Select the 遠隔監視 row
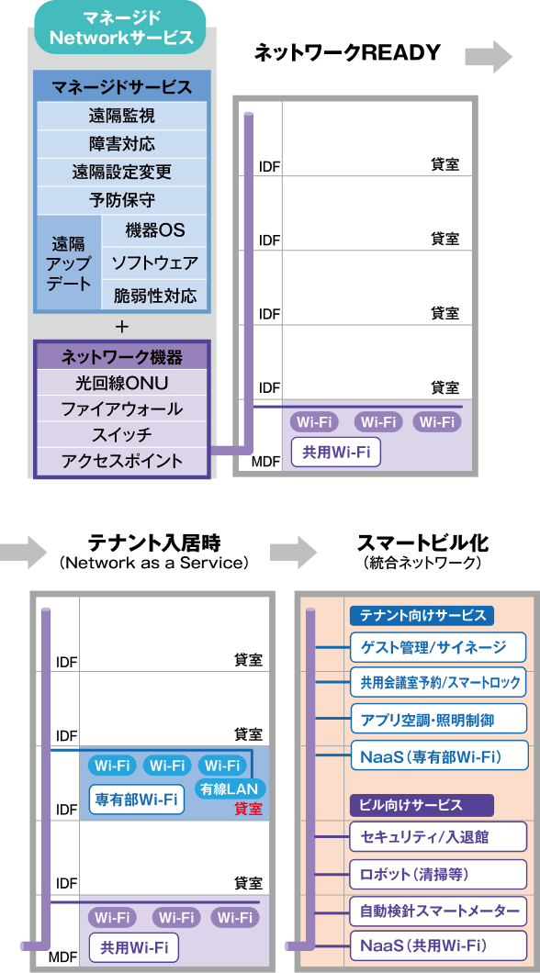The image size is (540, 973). tap(121, 116)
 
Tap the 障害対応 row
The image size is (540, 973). tap(121, 144)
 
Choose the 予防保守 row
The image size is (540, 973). tap(121, 200)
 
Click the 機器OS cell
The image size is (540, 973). tap(154, 230)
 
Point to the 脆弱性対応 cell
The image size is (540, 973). tap(154, 296)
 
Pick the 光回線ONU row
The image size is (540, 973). tap(121, 384)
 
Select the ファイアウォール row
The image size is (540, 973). tap(121, 409)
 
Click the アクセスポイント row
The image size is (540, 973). tap(121, 461)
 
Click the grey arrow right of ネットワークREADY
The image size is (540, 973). tap(489, 57)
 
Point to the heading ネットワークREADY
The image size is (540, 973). tap(347, 53)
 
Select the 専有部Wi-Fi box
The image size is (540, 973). tap(137, 800)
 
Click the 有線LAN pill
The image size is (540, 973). tap(230, 788)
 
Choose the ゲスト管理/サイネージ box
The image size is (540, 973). tap(438, 647)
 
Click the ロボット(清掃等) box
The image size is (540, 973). tap(438, 875)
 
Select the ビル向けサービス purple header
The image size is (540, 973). tap(422, 805)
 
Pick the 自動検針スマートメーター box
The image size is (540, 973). tap(438, 911)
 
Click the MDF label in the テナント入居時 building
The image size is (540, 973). tap(62, 958)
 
